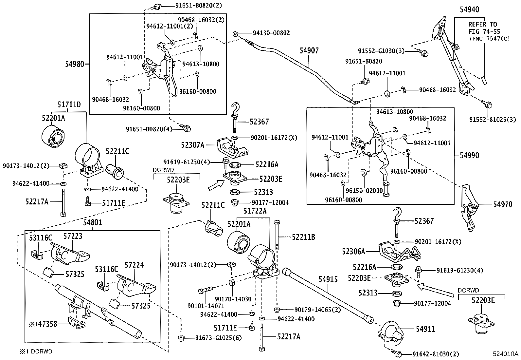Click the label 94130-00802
pyautogui.click(x=271, y=33)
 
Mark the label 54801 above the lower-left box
pyautogui.click(x=93, y=222)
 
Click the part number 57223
pyautogui.click(x=73, y=236)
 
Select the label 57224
pyautogui.click(x=134, y=265)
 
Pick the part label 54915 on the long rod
pyautogui.click(x=328, y=279)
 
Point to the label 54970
pyautogui.click(x=503, y=205)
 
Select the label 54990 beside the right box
pyautogui.click(x=470, y=155)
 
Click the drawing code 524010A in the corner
pyautogui.click(x=506, y=354)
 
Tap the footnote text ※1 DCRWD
pyautogui.click(x=35, y=351)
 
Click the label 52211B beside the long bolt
pyautogui.click(x=303, y=237)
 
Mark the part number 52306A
pyautogui.click(x=353, y=251)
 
